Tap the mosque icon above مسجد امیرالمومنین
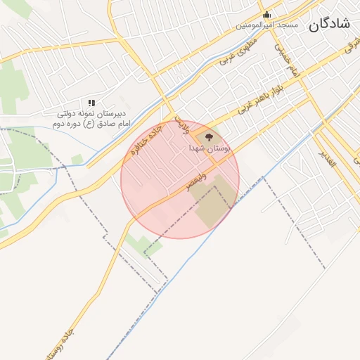[266, 15]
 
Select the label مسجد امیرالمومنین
[266, 25]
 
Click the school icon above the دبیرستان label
[91, 103]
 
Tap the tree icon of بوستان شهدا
[209, 136]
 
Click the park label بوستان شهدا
[208, 149]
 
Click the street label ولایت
[181, 124]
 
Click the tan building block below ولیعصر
[213, 200]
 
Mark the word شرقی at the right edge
[349, 46]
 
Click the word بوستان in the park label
[218, 149]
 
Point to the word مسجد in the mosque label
[288, 25]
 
